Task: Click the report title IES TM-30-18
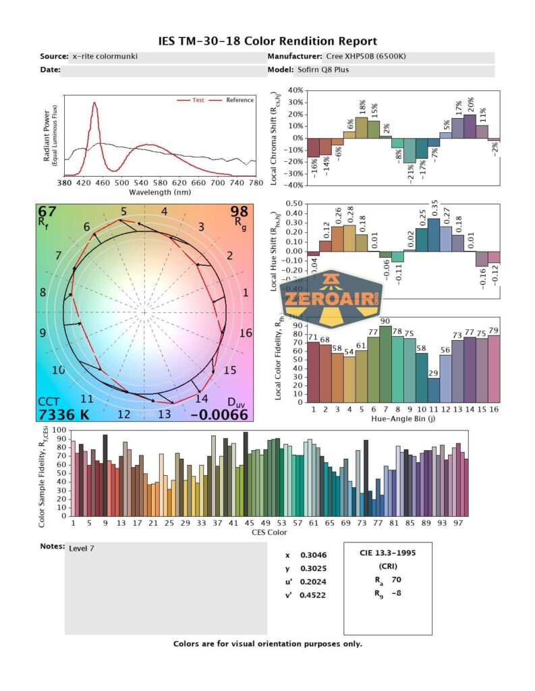point(267,41)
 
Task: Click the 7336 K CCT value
point(63,414)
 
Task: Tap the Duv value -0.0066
point(219,414)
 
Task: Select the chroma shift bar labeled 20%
point(470,126)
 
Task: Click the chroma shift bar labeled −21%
point(410,150)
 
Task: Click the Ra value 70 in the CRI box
point(396,579)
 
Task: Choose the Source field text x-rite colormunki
point(105,56)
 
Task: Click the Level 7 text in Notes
point(82,548)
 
